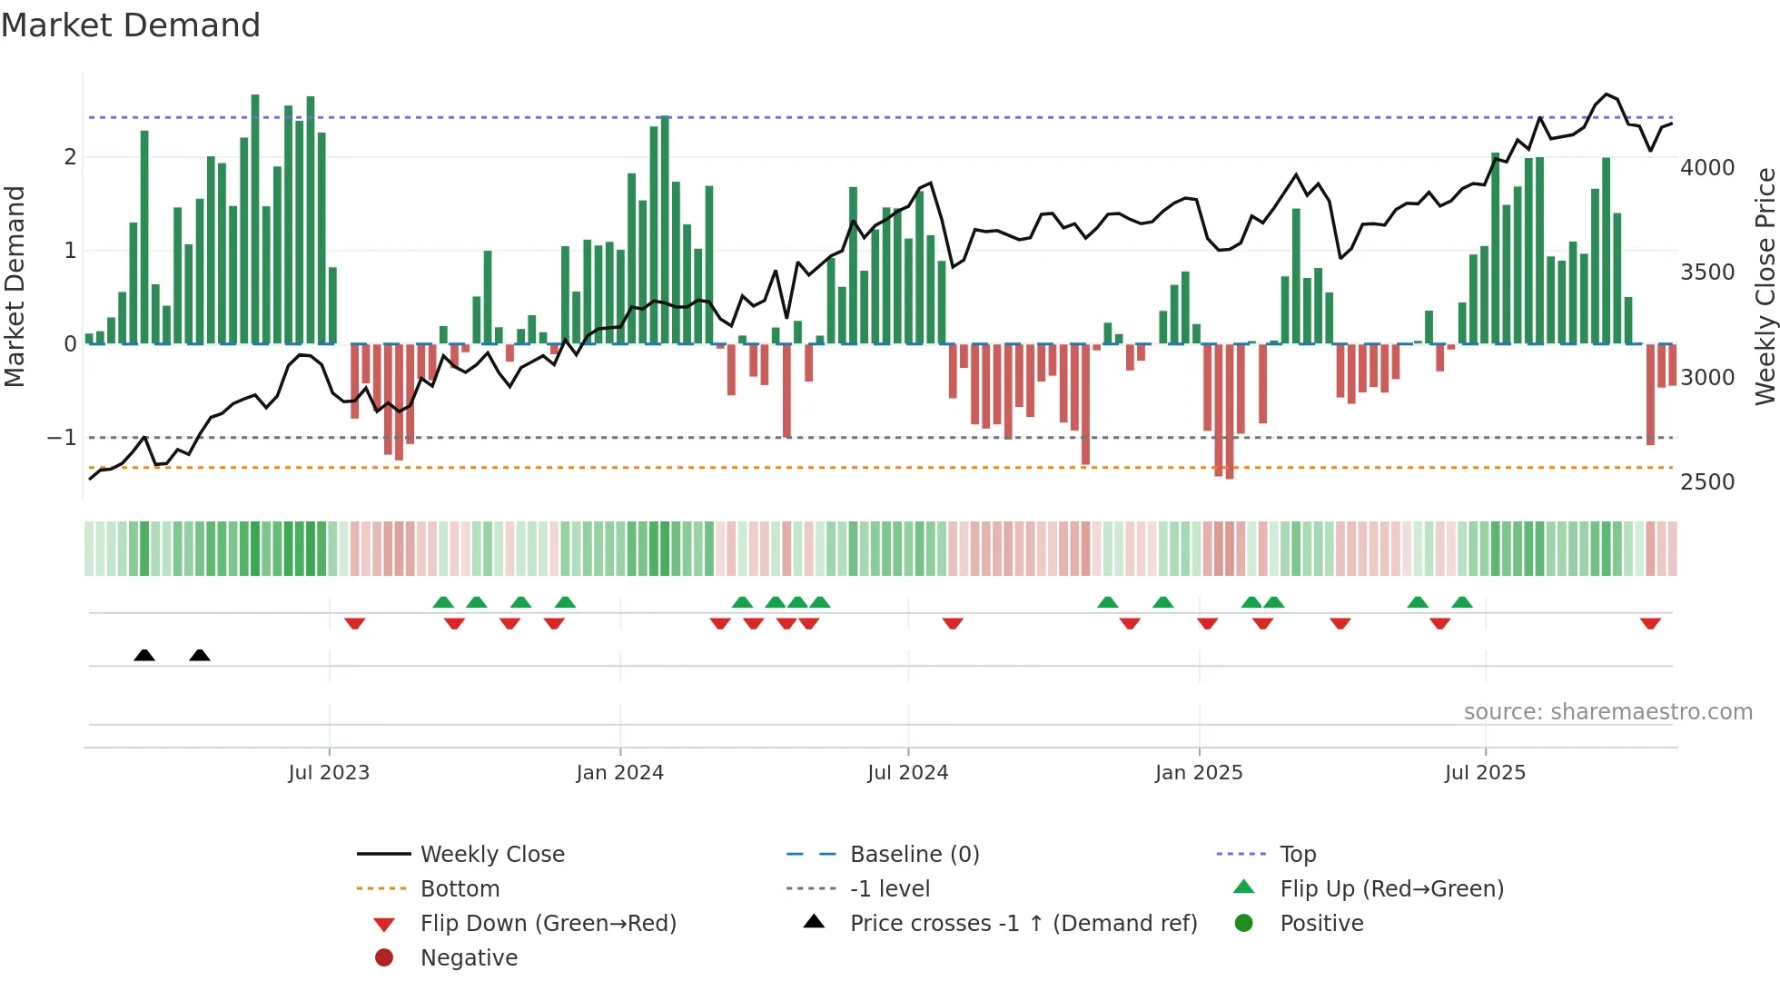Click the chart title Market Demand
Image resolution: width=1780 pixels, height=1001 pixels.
click(x=131, y=25)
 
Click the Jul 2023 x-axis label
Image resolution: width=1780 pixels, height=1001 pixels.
click(x=329, y=773)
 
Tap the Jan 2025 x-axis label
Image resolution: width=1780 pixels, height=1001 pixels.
click(x=1199, y=773)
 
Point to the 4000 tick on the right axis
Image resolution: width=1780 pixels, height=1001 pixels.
click(x=1707, y=168)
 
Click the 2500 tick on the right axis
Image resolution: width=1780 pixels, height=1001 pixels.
click(x=1707, y=482)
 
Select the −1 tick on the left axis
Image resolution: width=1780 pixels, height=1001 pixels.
click(x=62, y=438)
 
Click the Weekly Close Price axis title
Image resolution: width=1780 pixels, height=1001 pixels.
click(x=1765, y=286)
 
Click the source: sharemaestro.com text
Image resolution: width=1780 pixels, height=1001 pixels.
click(x=1607, y=712)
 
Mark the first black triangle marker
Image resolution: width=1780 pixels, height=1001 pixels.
click(x=144, y=655)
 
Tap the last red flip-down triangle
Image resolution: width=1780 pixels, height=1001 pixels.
click(x=1650, y=623)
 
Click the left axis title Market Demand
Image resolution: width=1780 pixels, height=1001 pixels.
click(x=15, y=286)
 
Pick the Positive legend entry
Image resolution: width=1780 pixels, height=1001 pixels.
click(x=1321, y=923)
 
